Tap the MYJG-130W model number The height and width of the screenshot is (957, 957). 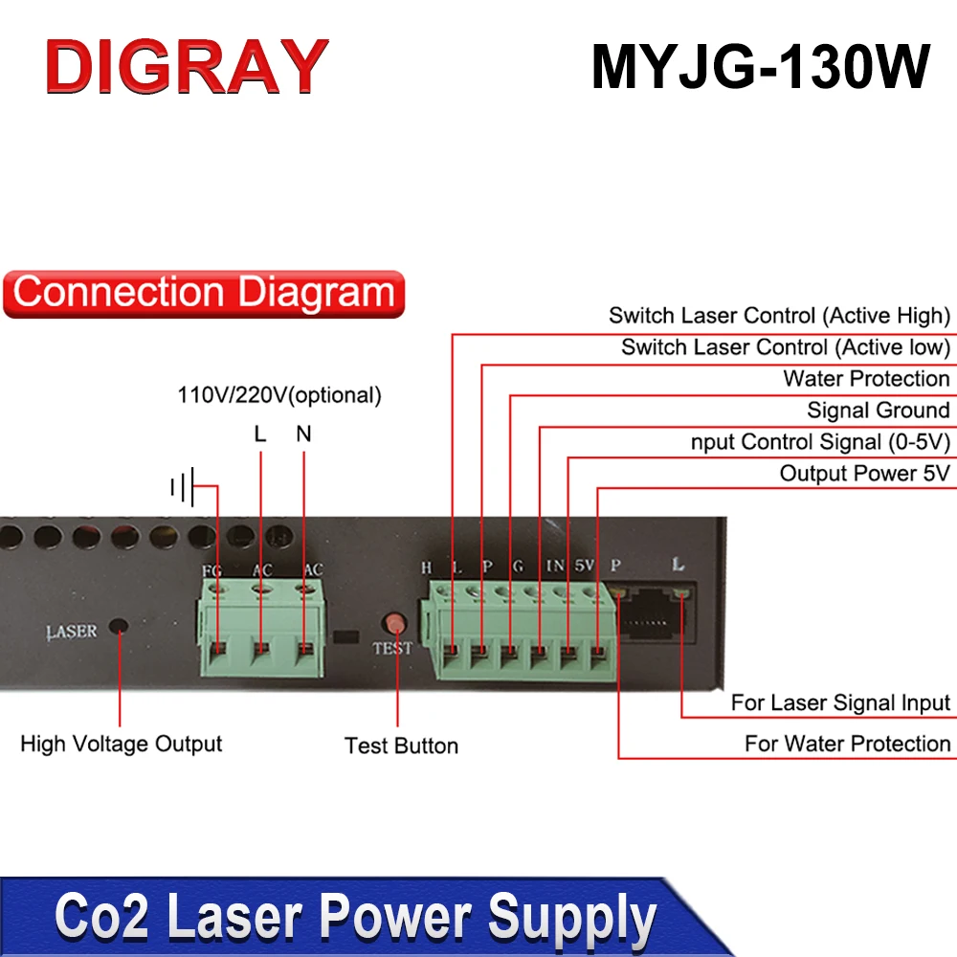[761, 67]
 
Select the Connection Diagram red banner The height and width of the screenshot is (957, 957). [204, 293]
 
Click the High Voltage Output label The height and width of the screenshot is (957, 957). [122, 744]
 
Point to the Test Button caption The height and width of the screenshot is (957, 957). [401, 746]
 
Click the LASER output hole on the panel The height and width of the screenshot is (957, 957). [120, 628]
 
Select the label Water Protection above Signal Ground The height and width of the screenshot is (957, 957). [866, 379]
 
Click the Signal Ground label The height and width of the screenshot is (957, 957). [878, 411]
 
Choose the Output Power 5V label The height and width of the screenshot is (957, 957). [864, 474]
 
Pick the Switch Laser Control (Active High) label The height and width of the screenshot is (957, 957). [779, 316]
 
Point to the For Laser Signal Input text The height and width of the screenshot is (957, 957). [840, 703]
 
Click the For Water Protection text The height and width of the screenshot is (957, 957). [847, 744]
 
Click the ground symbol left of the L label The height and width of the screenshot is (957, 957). [183, 488]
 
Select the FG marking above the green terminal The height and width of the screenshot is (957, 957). [212, 571]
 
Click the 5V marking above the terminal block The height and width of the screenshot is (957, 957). [585, 566]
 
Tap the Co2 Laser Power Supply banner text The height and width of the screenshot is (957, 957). [354, 917]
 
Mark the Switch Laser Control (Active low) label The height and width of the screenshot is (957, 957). [785, 347]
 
